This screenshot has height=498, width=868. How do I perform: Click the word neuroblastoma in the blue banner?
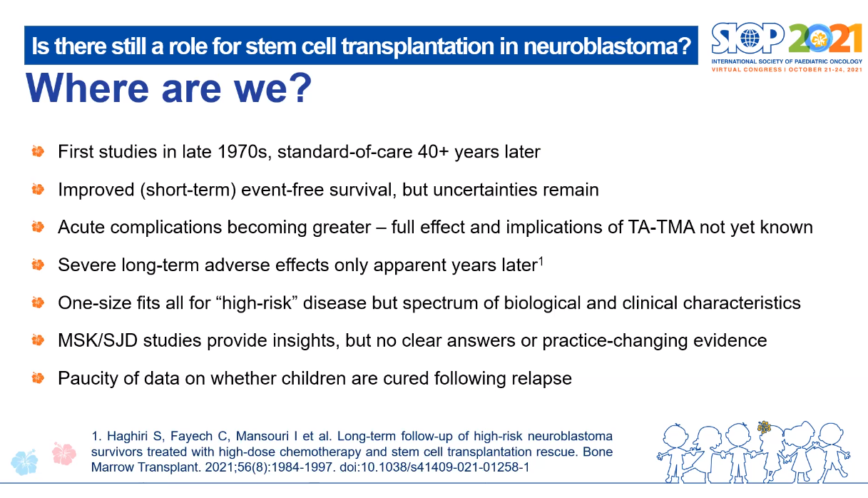tap(607, 46)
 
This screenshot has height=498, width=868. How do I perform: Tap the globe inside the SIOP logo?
tap(750, 39)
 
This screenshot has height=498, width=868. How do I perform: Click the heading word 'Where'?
tap(87, 88)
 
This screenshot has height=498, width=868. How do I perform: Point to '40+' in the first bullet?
tap(433, 151)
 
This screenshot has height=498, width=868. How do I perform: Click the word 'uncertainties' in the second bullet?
tap(484, 190)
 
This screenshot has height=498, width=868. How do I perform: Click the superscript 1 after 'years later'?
tap(541, 261)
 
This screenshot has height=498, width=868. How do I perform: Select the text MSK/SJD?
tap(98, 340)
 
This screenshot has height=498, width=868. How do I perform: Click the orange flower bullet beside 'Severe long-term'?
tap(38, 265)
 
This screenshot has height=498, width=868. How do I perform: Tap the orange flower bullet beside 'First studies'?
tap(38, 151)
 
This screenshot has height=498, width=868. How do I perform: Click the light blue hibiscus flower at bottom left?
tap(24, 462)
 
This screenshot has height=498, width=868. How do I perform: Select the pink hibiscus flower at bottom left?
tap(64, 454)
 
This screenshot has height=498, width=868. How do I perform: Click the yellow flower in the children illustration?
tap(764, 427)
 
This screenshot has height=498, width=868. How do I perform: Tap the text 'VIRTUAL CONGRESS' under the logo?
tap(747, 70)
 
